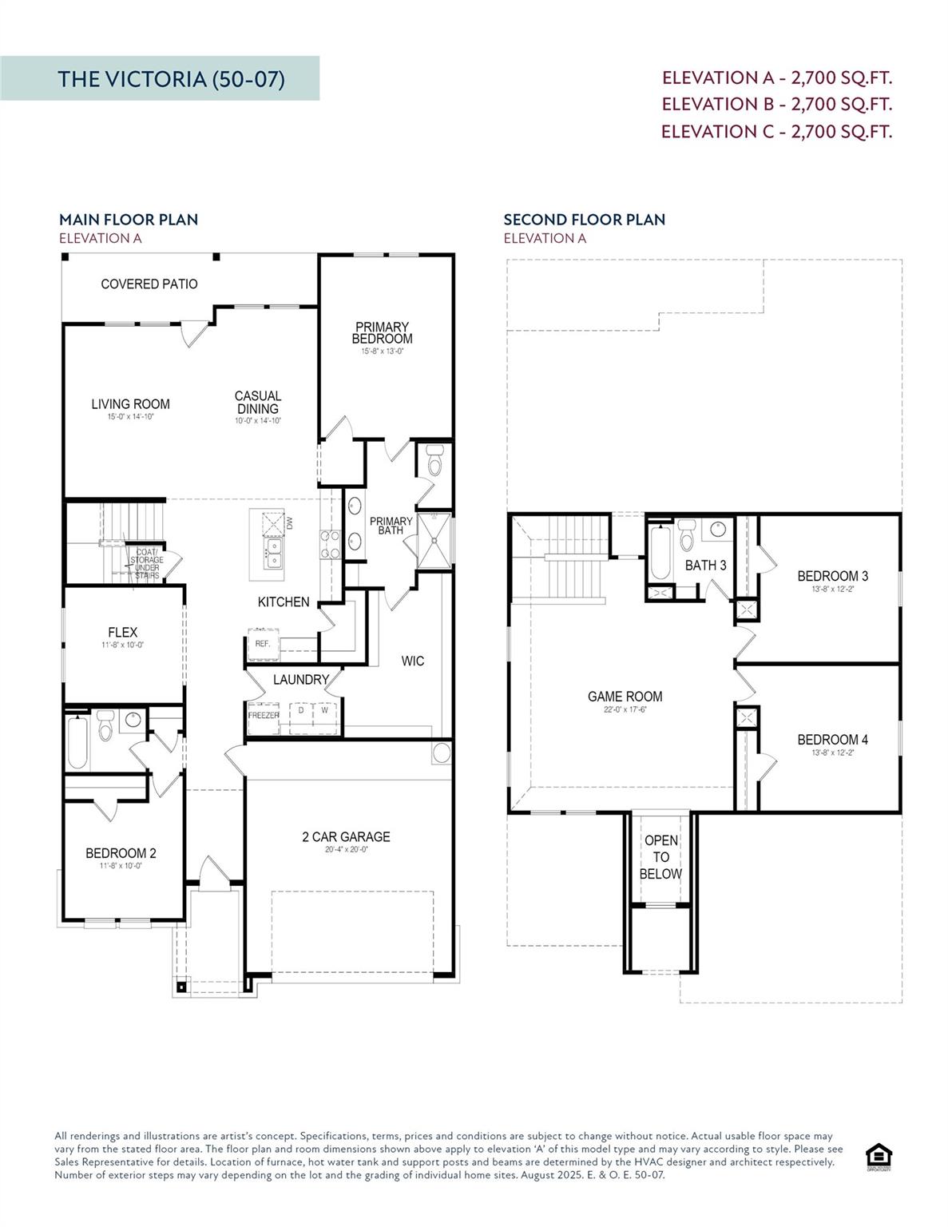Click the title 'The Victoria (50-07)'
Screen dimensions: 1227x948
pos(171,79)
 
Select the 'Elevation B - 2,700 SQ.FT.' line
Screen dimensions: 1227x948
pos(776,104)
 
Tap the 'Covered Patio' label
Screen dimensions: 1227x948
pos(149,284)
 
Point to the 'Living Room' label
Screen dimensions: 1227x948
pos(130,404)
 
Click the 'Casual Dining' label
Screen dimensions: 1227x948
pos(258,403)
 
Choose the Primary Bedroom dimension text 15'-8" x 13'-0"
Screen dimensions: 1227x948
pos(382,351)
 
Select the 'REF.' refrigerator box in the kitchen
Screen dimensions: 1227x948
pos(263,644)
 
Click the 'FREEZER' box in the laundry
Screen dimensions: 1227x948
pos(264,716)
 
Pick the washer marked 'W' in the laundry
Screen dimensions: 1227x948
pos(325,710)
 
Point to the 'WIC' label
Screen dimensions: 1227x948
pos(413,661)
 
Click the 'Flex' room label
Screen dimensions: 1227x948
pos(123,633)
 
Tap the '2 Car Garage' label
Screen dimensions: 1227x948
pos(346,837)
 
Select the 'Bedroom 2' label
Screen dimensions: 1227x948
pos(121,853)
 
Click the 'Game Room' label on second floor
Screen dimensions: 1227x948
pos(625,697)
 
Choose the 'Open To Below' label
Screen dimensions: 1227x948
pos(660,857)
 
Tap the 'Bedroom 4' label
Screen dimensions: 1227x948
pos(832,740)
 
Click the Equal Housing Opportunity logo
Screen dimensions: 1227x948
pos(879,1156)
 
